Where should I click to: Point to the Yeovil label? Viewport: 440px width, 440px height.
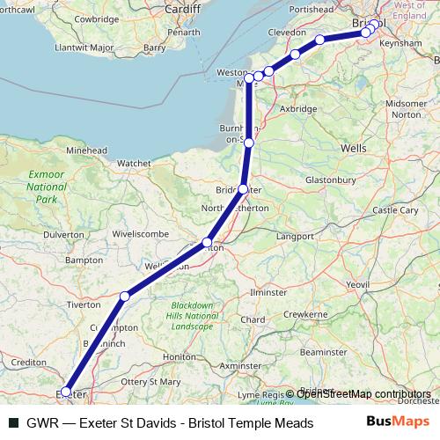(382, 285)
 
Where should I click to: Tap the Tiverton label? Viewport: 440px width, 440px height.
(83, 304)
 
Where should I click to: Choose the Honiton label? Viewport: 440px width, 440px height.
(180, 356)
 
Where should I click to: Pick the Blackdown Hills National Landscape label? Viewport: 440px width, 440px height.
(193, 316)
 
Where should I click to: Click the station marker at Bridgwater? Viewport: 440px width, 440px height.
(243, 189)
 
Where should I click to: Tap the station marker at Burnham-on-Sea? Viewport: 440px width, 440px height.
(249, 142)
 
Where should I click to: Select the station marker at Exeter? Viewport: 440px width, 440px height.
(66, 392)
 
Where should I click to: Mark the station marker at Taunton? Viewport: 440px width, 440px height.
(208, 243)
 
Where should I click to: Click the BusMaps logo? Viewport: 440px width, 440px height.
(396, 423)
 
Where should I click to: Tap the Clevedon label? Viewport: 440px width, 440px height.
(286, 33)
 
